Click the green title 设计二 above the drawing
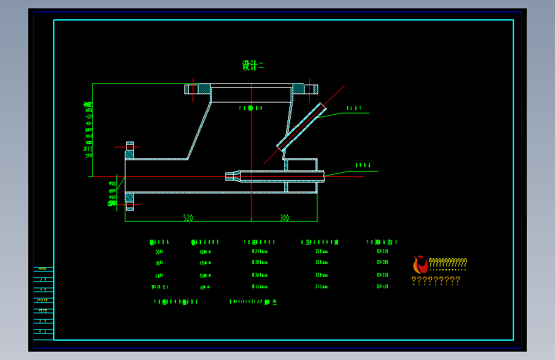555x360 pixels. (253, 65)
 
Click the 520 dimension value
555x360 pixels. (188, 218)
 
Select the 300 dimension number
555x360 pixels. (284, 218)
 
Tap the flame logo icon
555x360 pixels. (420, 265)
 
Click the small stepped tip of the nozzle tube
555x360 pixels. (230, 175)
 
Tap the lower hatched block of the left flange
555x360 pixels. (129, 202)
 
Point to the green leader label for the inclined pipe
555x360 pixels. (354, 108)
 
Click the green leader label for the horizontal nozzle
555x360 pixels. (363, 165)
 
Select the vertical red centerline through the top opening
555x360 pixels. (252, 154)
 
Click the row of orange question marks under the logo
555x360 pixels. (435, 281)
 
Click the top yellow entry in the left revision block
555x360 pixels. (43, 269)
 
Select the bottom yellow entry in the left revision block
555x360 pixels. (43, 331)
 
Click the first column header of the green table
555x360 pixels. (159, 242)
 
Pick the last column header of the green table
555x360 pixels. (382, 242)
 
